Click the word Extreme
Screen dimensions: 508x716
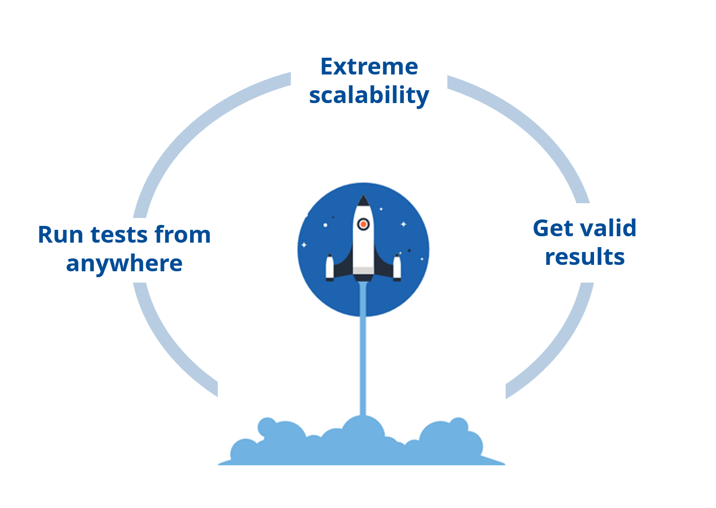tap(369, 67)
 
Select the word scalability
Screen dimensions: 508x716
tap(369, 96)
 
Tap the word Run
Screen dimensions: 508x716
tap(60, 235)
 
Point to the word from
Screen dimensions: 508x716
tap(183, 235)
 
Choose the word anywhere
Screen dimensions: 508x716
tap(124, 264)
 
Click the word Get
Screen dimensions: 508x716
tap(553, 228)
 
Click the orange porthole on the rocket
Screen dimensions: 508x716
tap(363, 224)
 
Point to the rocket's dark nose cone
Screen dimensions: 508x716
tap(363, 201)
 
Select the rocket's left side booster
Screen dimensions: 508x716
tap(330, 268)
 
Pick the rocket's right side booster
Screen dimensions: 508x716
tap(397, 268)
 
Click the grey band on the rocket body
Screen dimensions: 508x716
tap(363, 270)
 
